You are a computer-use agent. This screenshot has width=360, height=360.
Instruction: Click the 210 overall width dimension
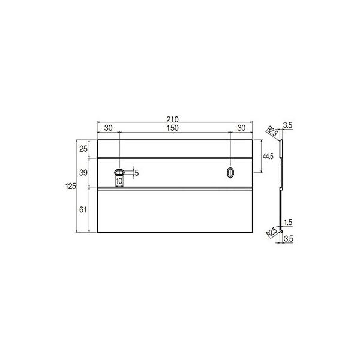tap(172, 119)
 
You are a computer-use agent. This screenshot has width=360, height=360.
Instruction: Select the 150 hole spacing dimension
tap(172, 128)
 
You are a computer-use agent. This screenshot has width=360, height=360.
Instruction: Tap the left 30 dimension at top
tap(109, 128)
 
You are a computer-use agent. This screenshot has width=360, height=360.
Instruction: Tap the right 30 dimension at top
tap(241, 128)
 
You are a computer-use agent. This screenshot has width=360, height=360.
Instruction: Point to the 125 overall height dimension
tap(70, 186)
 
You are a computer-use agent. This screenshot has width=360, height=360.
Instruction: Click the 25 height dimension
tap(83, 149)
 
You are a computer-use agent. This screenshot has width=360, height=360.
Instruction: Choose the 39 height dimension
tap(83, 173)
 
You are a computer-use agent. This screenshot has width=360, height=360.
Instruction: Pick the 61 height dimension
tap(83, 209)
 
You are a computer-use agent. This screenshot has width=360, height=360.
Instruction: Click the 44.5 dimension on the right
tap(268, 157)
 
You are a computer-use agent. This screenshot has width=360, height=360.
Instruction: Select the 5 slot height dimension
tap(137, 173)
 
